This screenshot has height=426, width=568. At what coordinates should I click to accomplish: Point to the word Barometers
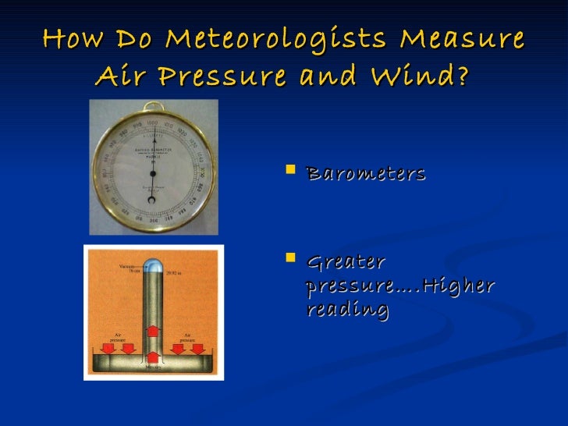point(366,172)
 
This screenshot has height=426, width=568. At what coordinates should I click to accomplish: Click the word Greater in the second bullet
point(346,262)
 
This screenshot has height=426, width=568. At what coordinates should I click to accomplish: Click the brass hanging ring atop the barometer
point(153,107)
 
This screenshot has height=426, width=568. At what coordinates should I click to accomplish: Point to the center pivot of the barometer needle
point(152,168)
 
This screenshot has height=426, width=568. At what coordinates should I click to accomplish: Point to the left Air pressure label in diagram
point(117,337)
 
